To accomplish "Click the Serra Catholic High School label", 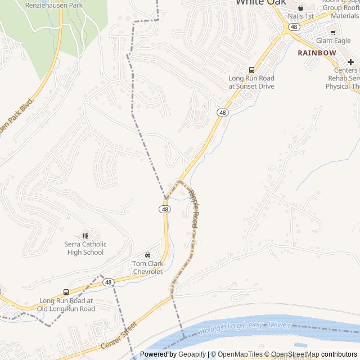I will pos(85,248).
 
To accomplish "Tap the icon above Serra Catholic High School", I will pos(85,236).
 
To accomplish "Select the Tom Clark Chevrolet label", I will pos(147,267).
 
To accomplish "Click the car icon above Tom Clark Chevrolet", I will pos(147,255).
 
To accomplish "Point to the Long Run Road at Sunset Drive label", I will pos(251,82).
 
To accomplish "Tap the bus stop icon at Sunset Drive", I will pos(251,70).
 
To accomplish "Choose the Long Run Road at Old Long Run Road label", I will pos(66,305).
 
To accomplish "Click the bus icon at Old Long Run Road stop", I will pos(66,292).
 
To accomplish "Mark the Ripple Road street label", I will pos(194,209).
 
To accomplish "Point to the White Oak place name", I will pos(260,3).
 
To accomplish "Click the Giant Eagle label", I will pos(333,40).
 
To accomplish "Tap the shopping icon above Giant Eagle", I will pos(333,32).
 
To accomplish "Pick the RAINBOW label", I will pos(317,53).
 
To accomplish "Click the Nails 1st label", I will pos(300,16).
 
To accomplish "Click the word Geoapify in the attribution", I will pos(192,354).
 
